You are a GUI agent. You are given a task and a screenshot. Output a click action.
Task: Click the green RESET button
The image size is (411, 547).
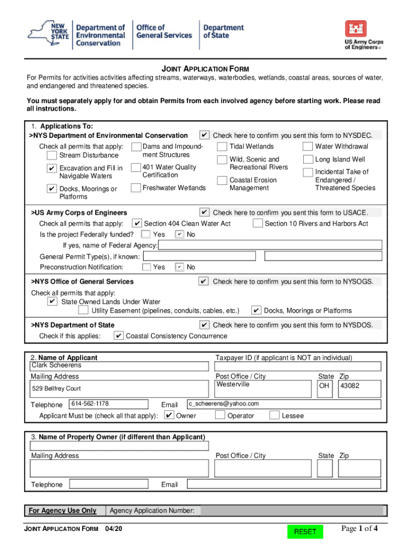pos(305,531)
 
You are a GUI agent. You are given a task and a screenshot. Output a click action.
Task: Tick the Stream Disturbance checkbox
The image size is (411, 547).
pos(51,155)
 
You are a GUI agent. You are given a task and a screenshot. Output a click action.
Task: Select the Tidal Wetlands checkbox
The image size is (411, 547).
pos(222,147)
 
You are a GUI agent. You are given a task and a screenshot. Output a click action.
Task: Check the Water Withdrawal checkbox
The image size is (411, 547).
pos(307,147)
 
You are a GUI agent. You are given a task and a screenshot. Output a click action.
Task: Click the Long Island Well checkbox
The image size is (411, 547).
pos(307,159)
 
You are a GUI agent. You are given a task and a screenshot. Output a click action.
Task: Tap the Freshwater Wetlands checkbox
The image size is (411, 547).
pos(135,187)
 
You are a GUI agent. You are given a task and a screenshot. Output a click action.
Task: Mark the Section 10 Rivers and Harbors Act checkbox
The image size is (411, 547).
pos(257,223)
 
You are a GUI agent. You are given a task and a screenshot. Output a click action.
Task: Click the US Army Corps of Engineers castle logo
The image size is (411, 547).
pos(355,30)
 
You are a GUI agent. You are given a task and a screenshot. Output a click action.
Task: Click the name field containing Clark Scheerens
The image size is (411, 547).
pos(119,366)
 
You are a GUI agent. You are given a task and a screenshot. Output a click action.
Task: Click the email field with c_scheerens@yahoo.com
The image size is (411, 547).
pos(283,404)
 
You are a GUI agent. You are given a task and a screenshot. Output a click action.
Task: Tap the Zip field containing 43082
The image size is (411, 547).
pos(360,388)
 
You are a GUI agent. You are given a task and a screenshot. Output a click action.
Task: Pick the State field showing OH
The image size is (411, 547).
pos(325,388)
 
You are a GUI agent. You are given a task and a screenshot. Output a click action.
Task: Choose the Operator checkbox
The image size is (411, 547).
pos(220,415)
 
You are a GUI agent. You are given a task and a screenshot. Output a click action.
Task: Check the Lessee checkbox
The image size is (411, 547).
pos(274,415)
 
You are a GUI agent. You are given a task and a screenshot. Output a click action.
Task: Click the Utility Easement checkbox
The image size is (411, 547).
pos(83,310)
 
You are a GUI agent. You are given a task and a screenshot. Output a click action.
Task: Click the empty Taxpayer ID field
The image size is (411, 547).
pos(298,366)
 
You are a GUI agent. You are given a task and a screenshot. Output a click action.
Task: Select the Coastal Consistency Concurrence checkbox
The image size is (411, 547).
pos(118,336)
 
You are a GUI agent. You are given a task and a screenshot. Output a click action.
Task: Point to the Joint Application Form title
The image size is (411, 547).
pos(205,69)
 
